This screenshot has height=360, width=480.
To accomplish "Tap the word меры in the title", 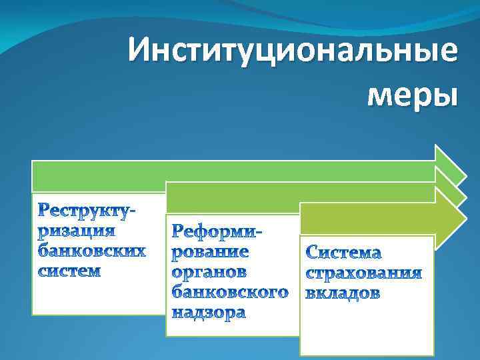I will point(412,94).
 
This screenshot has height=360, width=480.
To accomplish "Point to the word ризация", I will point(76,232).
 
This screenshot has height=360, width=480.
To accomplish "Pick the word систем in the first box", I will point(69,271).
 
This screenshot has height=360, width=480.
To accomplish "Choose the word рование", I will point(211,252).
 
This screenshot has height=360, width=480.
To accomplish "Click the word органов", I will point(209,272).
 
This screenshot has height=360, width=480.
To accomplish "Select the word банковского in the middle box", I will point(231,292).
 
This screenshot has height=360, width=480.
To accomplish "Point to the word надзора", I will point(209,312).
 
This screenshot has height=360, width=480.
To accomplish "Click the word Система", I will point(344,253).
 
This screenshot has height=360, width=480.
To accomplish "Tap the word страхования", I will point(364,273).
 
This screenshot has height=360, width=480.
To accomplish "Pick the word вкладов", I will point(343,293).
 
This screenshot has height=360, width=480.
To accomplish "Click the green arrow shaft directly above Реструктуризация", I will point(100,177).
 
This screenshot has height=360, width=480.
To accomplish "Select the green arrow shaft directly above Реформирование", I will point(233,198).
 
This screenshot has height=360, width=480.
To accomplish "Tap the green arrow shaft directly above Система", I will point(367,219).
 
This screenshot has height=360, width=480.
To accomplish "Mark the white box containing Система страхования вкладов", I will point(367,327).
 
